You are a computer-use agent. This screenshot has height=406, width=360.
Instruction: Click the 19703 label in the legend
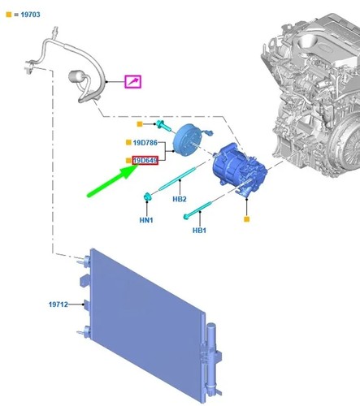coord(30,15)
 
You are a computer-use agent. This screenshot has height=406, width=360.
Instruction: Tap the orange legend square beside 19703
coord(9,15)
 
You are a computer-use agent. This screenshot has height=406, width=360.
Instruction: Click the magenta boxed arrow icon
coord(132,81)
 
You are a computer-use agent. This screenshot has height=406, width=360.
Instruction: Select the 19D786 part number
coord(145,143)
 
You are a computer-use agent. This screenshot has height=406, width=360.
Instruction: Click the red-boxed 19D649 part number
coord(145,161)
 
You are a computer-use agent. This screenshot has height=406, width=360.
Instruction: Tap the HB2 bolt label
coord(180,199)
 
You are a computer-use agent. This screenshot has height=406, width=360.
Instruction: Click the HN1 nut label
coord(146,220)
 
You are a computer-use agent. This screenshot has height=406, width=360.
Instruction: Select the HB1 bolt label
coord(199,231)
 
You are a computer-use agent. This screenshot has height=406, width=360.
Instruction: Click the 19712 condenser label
coord(59,304)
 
